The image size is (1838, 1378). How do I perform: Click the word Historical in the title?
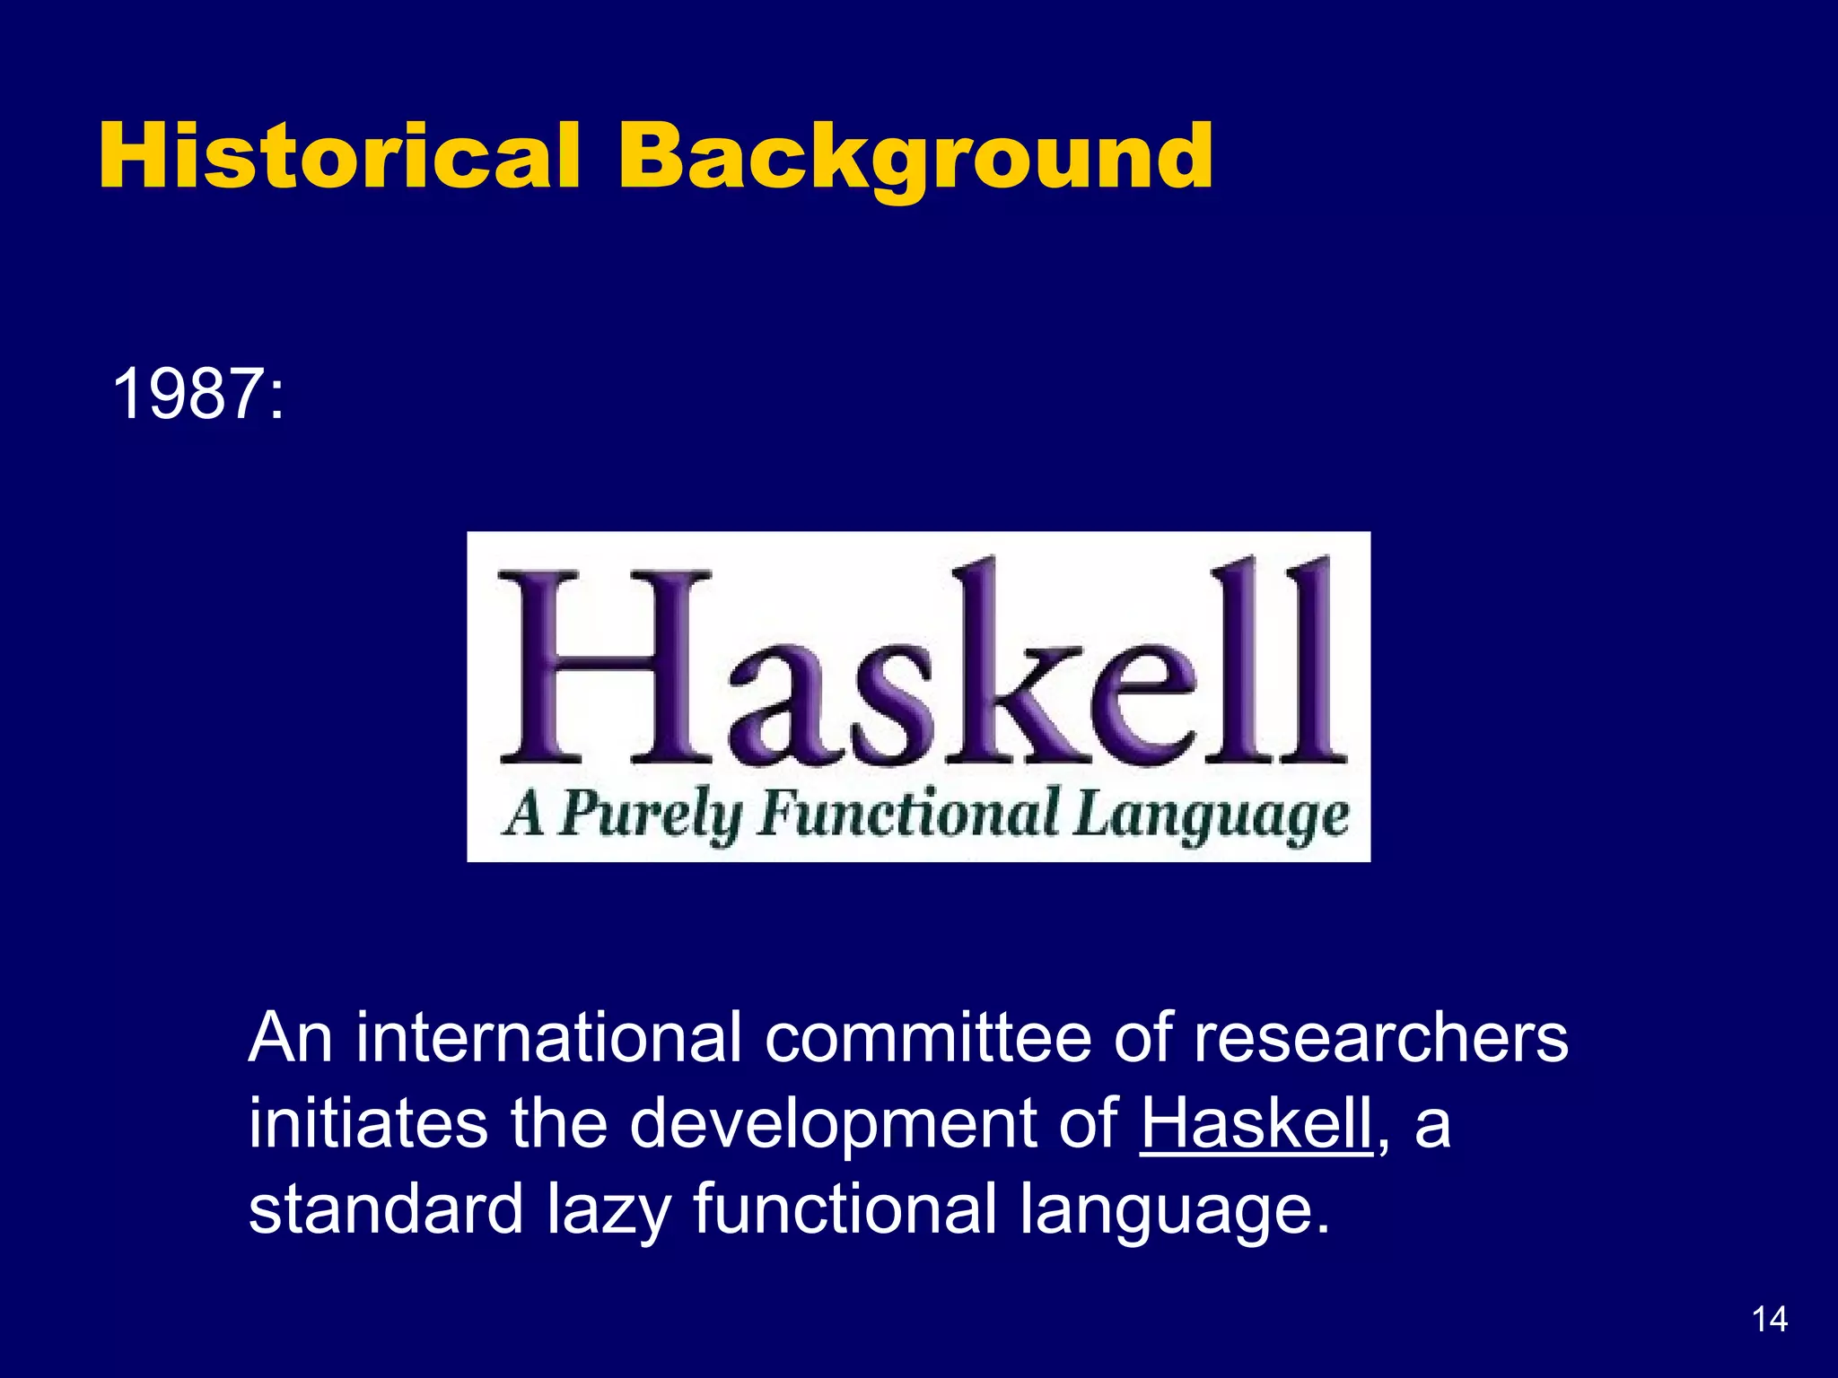(339, 156)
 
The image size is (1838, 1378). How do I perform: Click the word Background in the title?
(915, 158)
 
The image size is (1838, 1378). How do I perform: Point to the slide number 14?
(1769, 1320)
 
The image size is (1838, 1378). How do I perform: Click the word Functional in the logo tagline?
(907, 814)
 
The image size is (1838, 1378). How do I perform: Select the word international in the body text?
(548, 1038)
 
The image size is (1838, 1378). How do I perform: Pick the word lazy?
(609, 1210)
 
